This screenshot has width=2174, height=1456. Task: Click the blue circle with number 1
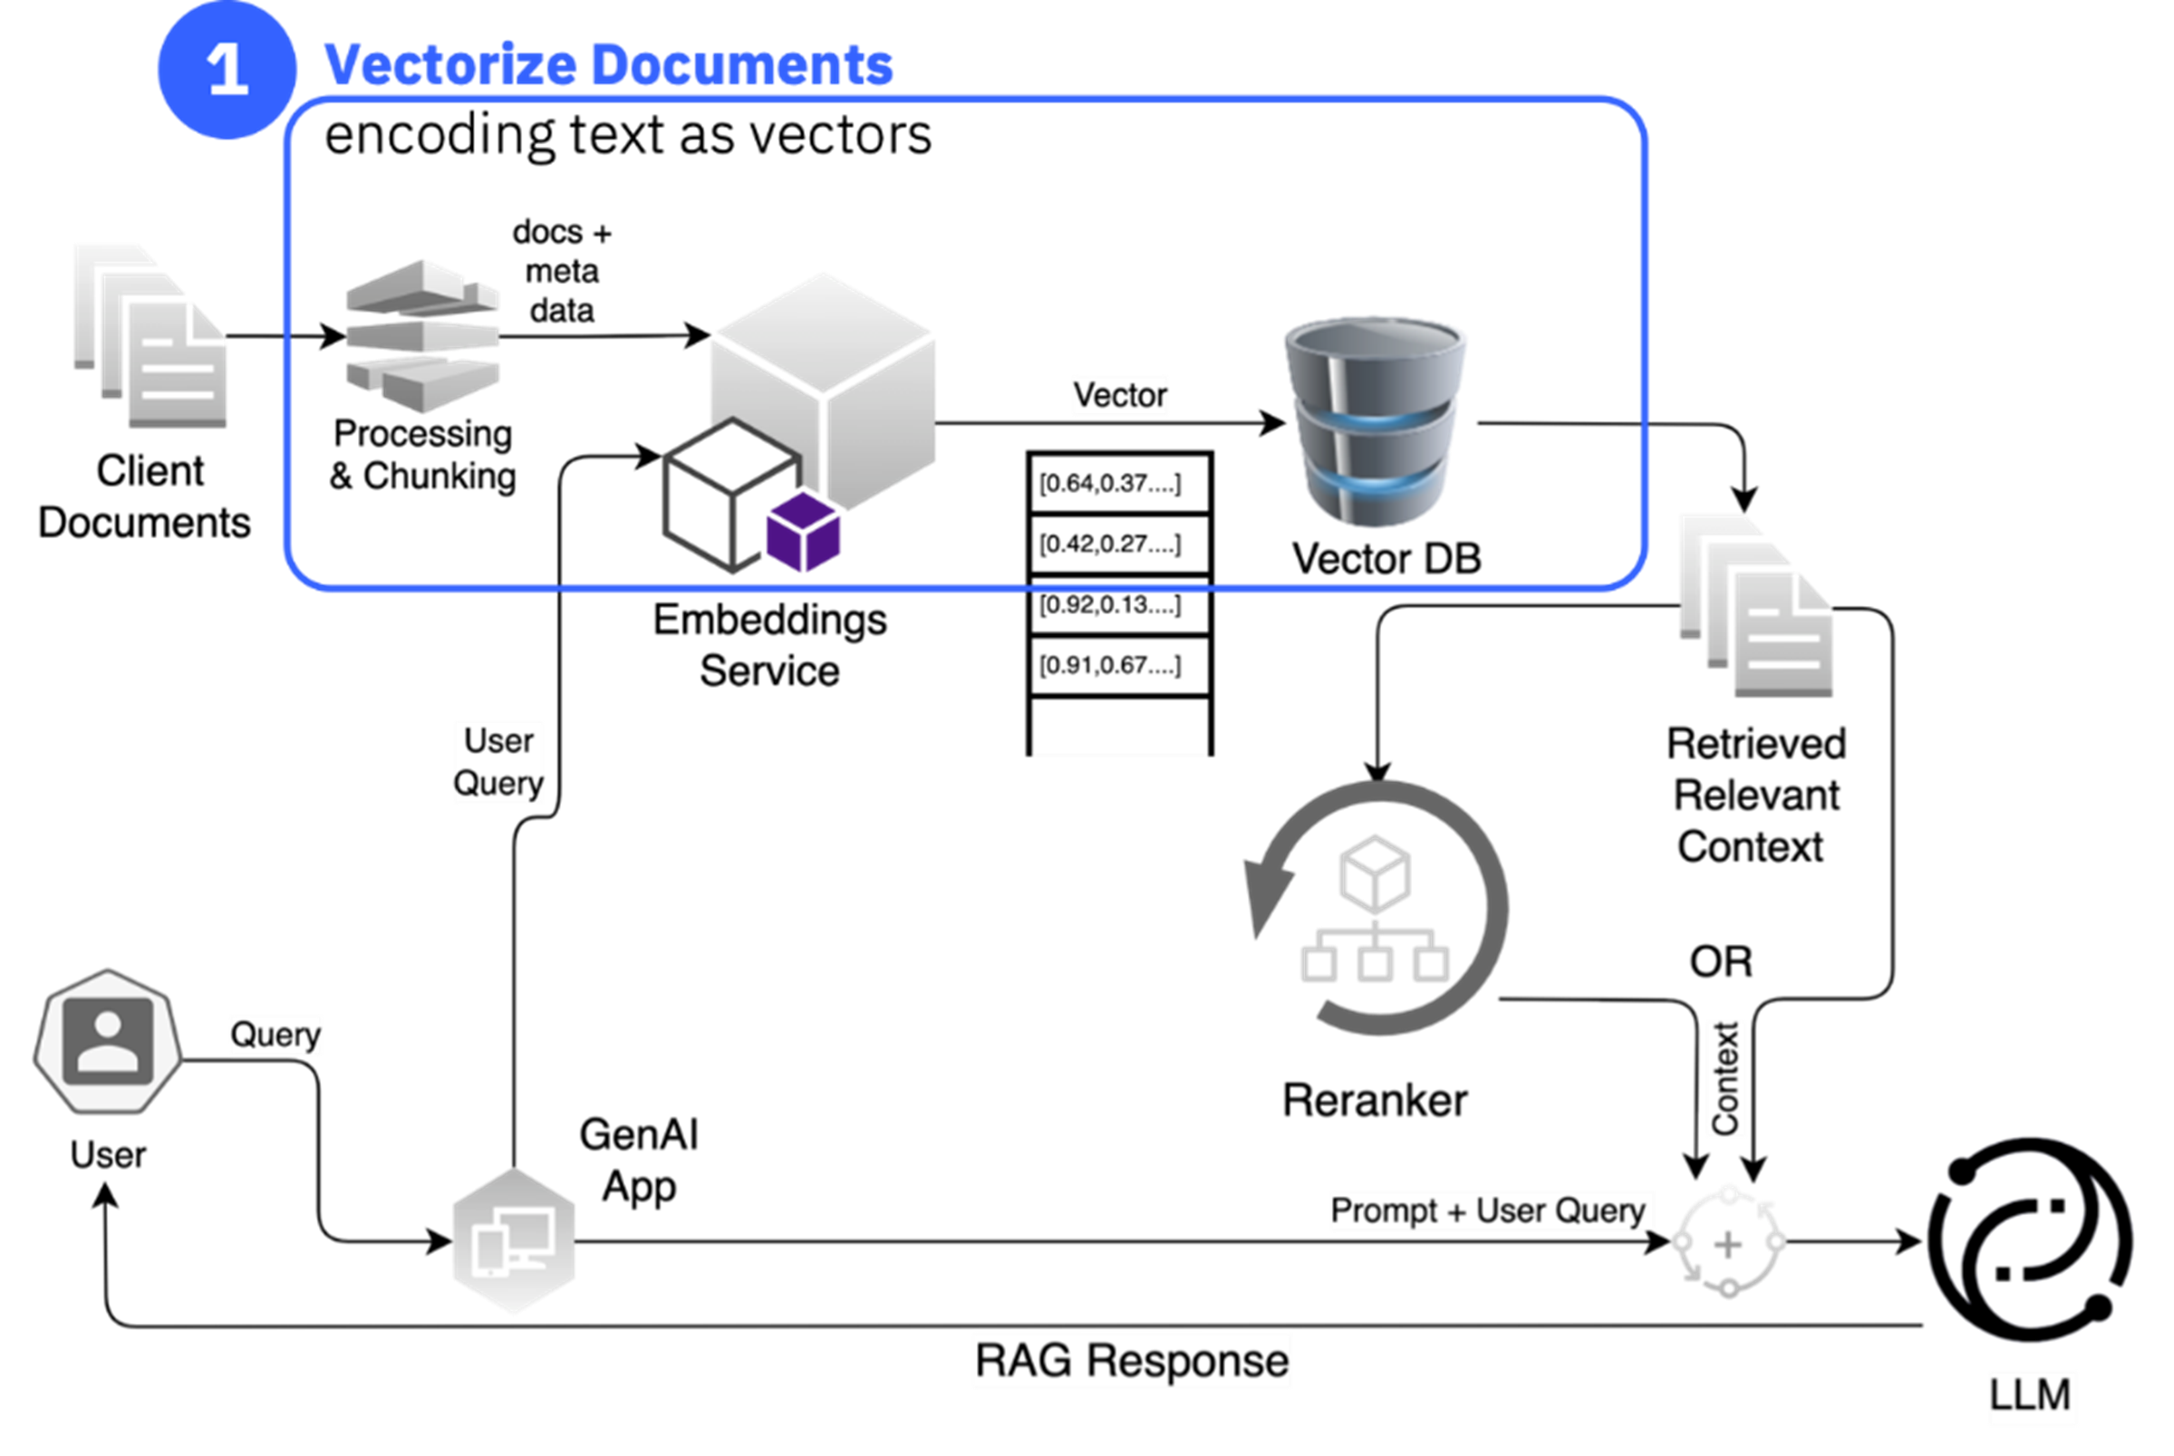[227, 70]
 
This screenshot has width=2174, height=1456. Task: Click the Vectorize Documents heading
[608, 65]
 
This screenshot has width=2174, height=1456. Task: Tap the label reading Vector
[1120, 396]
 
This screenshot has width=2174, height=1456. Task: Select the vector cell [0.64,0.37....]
[1119, 484]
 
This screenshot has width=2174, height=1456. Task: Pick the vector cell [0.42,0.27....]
[1119, 545]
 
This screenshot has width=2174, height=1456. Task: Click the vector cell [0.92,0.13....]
[1119, 605]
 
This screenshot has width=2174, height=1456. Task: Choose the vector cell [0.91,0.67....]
[1119, 666]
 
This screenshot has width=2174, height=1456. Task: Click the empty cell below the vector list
[1119, 729]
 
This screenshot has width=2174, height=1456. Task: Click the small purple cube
[804, 532]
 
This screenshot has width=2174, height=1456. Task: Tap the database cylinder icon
[1376, 422]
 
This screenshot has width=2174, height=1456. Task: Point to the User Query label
[498, 762]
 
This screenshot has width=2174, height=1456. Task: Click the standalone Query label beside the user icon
[275, 1035]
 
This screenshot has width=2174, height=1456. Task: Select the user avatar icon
[108, 1041]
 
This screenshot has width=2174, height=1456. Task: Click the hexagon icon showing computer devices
[514, 1241]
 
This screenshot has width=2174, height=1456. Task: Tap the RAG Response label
[1131, 1361]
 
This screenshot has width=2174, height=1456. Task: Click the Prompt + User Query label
[1492, 1210]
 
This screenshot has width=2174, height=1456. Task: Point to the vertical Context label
[1725, 1078]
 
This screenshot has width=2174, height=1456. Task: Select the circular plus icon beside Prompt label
[1728, 1242]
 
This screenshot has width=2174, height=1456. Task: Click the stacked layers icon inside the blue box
[423, 336]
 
